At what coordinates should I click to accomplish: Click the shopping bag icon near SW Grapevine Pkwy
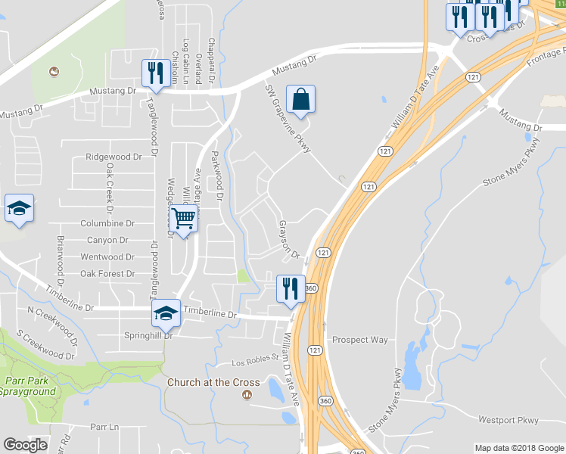pos(300,99)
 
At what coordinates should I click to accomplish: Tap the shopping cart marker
pos(183,219)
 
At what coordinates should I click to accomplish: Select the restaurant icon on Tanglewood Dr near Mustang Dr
pos(154,73)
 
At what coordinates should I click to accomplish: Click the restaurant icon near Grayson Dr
pos(290,288)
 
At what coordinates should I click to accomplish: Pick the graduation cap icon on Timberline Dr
pos(166,313)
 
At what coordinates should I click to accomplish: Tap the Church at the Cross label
pos(213,382)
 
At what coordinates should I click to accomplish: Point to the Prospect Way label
pos(359,340)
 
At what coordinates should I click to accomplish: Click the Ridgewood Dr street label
pos(114,157)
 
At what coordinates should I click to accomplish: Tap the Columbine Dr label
pos(107,223)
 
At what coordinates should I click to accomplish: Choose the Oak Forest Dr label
pos(107,273)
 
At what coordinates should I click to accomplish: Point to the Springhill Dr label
pos(148,334)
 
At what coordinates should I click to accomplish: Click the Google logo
pos(25,445)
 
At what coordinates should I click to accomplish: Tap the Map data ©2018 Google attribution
pos(518,448)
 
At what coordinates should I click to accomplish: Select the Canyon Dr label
pos(113,240)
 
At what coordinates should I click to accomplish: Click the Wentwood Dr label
pos(107,257)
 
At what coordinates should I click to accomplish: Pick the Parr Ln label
pos(104,427)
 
